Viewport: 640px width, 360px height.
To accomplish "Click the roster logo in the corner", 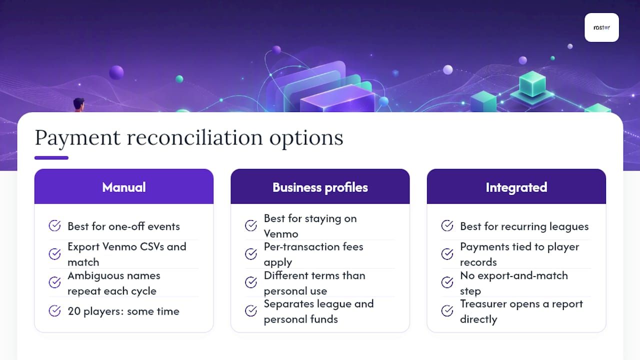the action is pyautogui.click(x=601, y=27).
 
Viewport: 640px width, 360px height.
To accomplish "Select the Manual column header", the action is pyautogui.click(x=123, y=186).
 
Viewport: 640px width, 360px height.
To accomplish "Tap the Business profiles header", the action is pyautogui.click(x=320, y=186).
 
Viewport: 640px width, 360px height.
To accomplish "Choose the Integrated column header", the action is pyautogui.click(x=516, y=186).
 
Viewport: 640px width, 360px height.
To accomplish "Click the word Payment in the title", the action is pyautogui.click(x=77, y=138).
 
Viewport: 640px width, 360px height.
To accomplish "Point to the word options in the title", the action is pyautogui.click(x=306, y=138).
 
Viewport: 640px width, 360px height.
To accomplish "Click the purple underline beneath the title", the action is pyautogui.click(x=51, y=157).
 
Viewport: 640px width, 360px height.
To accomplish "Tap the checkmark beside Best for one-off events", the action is pyautogui.click(x=54, y=225).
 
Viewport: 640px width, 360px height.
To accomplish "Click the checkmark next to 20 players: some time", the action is pyautogui.click(x=54, y=311).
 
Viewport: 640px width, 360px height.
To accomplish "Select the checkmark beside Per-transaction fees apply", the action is pyautogui.click(x=251, y=254).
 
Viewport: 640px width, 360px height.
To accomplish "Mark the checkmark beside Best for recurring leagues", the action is pyautogui.click(x=447, y=225).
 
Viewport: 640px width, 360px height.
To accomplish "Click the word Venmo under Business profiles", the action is pyautogui.click(x=281, y=234).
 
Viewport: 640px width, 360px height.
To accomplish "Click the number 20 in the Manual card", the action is pyautogui.click(x=74, y=311).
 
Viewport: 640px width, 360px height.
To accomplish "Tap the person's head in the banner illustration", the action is pyautogui.click(x=79, y=103).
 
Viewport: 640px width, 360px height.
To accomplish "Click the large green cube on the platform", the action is pyautogui.click(x=532, y=84).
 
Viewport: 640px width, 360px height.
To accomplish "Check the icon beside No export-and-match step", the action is pyautogui.click(x=447, y=282).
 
